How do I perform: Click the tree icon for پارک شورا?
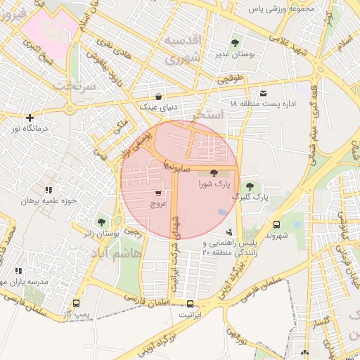point(214,172)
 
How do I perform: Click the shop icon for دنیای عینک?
point(158,96)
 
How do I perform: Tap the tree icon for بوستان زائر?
point(101,222)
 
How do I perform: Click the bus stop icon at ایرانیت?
point(191,304)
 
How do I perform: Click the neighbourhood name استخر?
point(212,113)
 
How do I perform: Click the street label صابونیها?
point(173,166)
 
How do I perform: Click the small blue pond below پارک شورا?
point(222,212)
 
